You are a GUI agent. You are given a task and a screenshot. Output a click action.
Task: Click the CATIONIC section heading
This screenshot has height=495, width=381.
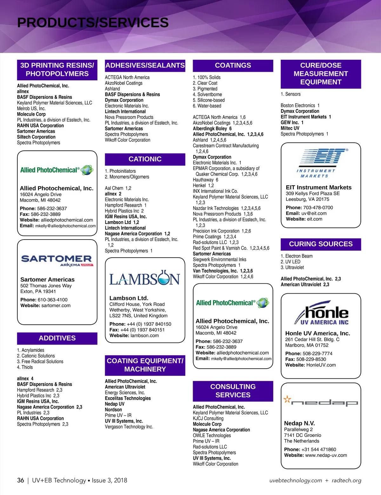(145, 159)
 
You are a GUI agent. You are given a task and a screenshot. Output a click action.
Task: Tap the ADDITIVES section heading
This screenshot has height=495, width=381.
(57, 338)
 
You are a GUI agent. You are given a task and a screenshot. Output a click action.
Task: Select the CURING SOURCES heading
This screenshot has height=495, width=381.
(321, 244)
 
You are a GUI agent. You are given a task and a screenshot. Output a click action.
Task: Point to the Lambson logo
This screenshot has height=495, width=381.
(145, 278)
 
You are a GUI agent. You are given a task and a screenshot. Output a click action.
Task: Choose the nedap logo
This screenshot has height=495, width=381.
(321, 402)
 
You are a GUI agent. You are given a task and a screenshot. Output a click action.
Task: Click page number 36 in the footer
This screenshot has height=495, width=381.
(21, 480)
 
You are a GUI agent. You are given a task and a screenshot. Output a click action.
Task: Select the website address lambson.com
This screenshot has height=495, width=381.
(144, 336)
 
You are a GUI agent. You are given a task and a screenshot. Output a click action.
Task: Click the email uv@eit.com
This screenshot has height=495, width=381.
(314, 213)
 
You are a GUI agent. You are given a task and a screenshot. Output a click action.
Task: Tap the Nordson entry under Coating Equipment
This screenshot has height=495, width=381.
(113, 410)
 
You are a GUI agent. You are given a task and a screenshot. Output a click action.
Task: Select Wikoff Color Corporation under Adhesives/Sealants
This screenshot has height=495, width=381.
(127, 140)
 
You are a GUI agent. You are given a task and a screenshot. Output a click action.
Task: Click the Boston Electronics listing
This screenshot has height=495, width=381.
(298, 105)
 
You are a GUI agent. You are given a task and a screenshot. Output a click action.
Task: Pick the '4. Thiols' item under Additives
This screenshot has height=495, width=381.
(25, 367)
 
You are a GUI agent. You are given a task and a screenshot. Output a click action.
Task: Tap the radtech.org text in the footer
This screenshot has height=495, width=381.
(346, 480)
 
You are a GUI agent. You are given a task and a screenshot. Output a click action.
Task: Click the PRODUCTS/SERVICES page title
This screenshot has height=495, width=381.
(93, 23)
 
